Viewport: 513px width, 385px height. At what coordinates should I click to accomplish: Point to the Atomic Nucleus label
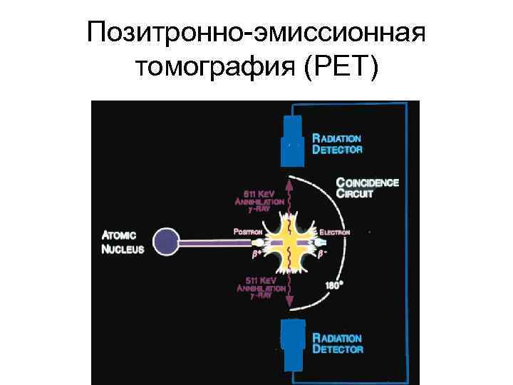124,242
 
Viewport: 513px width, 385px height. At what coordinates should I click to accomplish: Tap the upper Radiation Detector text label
337,144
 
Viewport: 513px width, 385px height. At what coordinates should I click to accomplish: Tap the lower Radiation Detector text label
337,344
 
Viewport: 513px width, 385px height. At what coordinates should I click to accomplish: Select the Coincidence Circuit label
367,188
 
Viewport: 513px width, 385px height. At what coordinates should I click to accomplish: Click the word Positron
248,232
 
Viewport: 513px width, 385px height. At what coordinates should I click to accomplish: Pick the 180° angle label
333,285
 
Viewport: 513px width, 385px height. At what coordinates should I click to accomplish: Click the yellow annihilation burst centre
290,242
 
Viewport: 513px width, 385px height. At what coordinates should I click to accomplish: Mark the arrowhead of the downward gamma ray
290,308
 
